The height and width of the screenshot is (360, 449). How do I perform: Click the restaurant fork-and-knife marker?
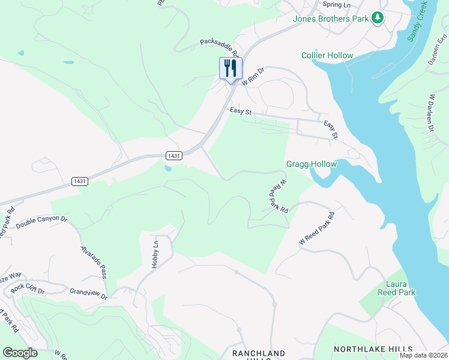click(231, 68)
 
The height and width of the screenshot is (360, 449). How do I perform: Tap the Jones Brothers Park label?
click(330, 19)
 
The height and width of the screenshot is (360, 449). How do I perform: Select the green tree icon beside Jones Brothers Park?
click(378, 19)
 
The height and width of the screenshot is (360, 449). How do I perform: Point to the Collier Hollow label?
click(327, 56)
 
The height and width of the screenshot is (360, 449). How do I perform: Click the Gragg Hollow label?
click(312, 164)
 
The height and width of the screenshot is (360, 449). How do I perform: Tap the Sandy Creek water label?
click(418, 21)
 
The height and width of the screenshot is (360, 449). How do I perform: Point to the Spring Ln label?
click(336, 5)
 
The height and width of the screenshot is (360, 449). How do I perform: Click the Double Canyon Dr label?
click(41, 221)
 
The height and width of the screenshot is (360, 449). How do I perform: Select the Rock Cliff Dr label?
click(28, 287)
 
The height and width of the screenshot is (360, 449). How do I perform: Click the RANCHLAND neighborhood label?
click(259, 353)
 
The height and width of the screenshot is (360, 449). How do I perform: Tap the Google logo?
click(20, 353)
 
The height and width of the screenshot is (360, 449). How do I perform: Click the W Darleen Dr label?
click(431, 112)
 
